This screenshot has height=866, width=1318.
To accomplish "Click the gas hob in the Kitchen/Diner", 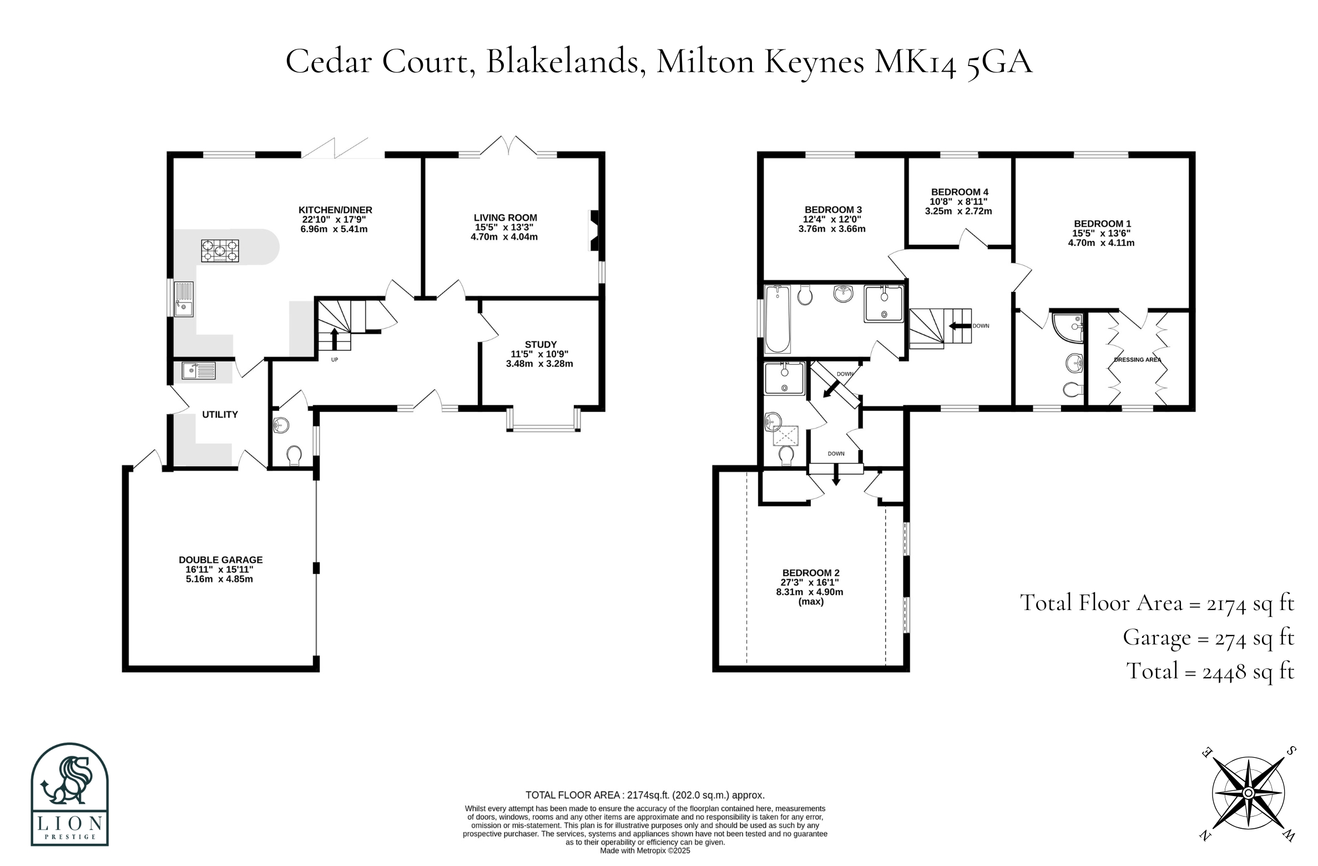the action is point(220,250).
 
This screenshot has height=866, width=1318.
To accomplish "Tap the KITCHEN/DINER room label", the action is point(335,210).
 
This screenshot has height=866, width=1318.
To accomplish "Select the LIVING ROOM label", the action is point(505,218).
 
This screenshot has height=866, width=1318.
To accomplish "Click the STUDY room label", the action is point(541,345).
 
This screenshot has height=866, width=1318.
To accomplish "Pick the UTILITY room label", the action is point(220,415).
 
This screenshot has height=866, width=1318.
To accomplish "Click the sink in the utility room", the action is point(198,370).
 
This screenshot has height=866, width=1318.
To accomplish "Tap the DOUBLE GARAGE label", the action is point(220,560).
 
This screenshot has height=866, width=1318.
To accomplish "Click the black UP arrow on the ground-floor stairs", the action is point(335,339).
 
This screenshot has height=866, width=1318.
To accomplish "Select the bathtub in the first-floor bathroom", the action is point(777,319).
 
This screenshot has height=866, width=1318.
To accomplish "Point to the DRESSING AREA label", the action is point(1137,360).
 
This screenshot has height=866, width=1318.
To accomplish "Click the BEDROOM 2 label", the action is point(811,573).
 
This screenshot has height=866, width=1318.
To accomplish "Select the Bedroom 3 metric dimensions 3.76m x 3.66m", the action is point(831,229).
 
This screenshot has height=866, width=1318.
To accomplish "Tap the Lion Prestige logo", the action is point(69,794).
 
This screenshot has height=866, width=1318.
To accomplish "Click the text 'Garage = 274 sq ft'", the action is point(1208,638).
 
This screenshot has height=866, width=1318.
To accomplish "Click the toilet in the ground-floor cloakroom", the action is point(294,456).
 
